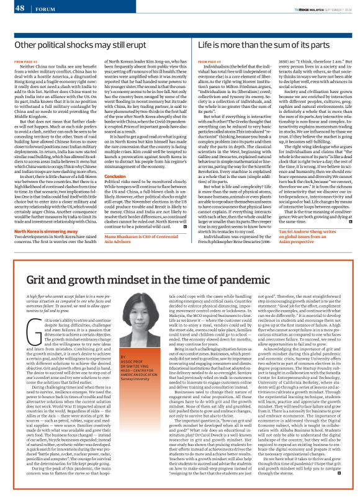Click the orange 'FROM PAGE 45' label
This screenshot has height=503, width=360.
pos(208,63)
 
